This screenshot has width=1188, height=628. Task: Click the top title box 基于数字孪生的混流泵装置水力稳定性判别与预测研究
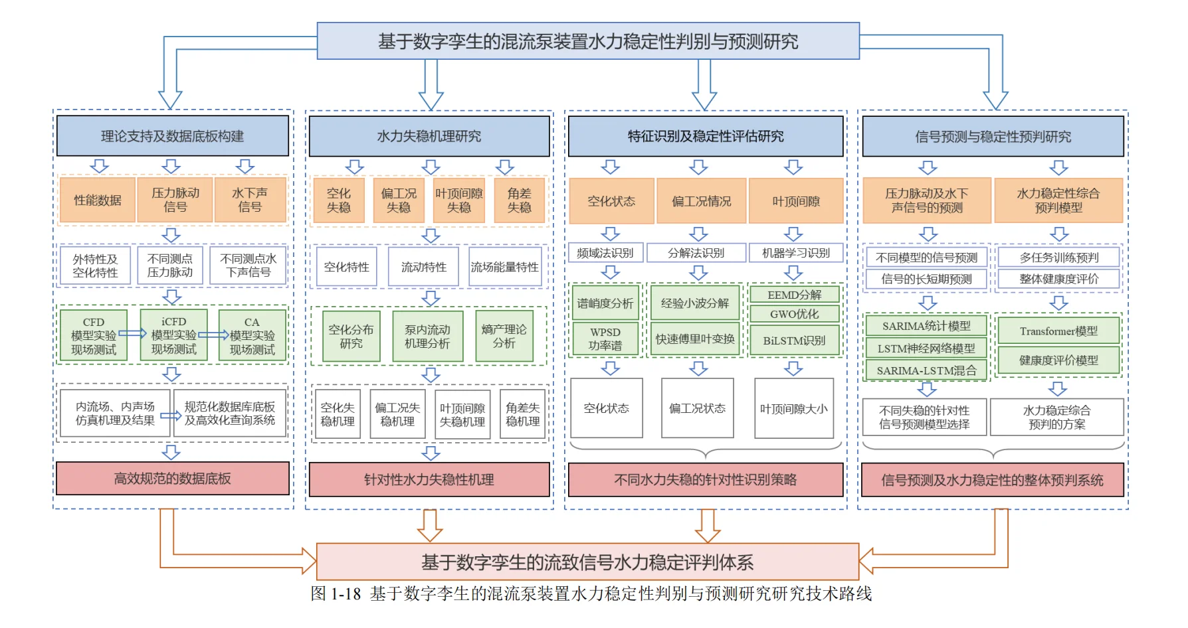point(588,41)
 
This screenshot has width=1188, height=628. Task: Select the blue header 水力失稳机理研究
point(429,136)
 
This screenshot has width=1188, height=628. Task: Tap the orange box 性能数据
point(98,200)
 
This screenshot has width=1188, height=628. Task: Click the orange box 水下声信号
point(250,200)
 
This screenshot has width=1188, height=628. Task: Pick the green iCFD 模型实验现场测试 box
point(173,335)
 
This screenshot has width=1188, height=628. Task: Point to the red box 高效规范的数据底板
point(173,479)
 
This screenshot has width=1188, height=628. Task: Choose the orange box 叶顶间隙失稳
point(459,200)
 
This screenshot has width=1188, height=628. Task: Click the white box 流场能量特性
point(505,267)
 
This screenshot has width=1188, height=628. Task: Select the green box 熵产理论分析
point(504,336)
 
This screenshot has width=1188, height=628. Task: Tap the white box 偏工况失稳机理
point(397,415)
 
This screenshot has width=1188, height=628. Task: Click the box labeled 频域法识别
point(605,253)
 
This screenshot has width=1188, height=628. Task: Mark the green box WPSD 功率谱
point(605,339)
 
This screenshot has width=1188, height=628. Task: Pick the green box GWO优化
point(795,314)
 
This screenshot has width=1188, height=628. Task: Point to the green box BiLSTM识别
point(795,341)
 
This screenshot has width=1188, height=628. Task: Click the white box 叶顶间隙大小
point(794,409)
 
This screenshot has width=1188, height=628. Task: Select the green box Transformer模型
point(1058,331)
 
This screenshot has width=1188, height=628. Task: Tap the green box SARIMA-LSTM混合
point(927,370)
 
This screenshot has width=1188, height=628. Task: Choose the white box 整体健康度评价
point(1058,279)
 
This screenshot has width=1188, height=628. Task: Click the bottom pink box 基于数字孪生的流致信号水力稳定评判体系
point(588,562)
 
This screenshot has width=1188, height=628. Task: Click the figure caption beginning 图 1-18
point(591,593)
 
